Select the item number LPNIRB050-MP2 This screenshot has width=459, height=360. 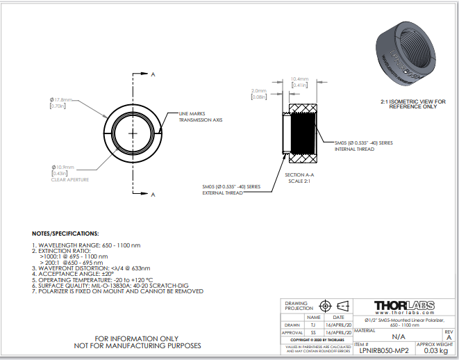(384, 352)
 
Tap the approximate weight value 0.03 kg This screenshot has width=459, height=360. (435, 352)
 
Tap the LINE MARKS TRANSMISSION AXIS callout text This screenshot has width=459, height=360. (200, 117)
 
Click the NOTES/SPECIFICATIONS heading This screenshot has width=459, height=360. (66, 234)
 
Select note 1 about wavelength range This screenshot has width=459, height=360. (87, 245)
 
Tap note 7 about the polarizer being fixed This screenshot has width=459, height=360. (118, 291)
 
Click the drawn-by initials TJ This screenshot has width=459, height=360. (313, 325)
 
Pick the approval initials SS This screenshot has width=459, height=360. (313, 332)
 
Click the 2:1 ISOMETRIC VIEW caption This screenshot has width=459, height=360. (412, 104)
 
